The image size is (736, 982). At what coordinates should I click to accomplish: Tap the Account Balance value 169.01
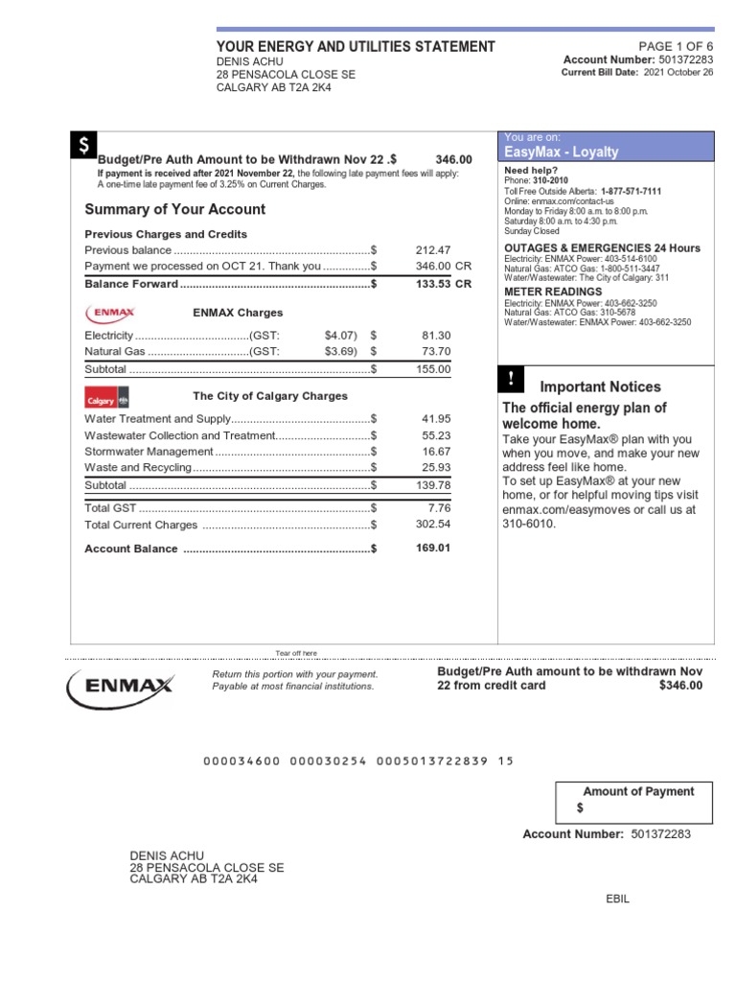432,549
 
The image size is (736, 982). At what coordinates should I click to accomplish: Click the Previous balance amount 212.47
432,250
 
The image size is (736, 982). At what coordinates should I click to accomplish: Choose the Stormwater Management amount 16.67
436,451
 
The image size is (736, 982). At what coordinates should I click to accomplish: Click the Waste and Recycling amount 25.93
436,467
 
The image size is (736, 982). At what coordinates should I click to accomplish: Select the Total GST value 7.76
439,507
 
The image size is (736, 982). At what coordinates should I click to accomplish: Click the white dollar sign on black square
83,146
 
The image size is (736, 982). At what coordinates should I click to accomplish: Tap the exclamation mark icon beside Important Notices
512,380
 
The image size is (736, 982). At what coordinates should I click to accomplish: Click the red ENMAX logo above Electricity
111,313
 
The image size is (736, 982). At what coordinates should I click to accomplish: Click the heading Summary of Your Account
175,209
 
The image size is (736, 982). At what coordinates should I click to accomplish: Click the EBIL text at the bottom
618,898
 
